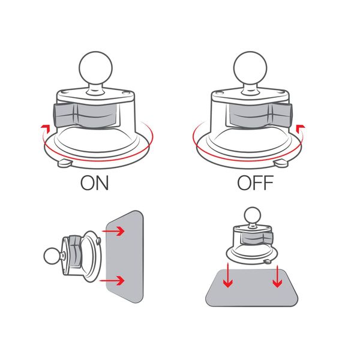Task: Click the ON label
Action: pos(94,183)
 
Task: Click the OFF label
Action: pos(256,183)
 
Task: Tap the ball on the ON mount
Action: pos(95,68)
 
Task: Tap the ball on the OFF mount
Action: pos(250,68)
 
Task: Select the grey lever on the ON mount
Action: pos(86,115)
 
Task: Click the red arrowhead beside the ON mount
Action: pos(45,128)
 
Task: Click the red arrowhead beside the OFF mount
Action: pos(301,128)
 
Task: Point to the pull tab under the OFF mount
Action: pos(281,163)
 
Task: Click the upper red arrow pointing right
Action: pos(113,231)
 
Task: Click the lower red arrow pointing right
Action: pos(112,280)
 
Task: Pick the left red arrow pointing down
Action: pos(228,275)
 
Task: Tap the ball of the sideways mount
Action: pos(52,256)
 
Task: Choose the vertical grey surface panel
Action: pos(125,256)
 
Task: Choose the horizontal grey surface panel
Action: pos(251,288)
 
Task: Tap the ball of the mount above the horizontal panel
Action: pos(253,215)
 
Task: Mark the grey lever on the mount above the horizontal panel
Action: pos(257,238)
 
